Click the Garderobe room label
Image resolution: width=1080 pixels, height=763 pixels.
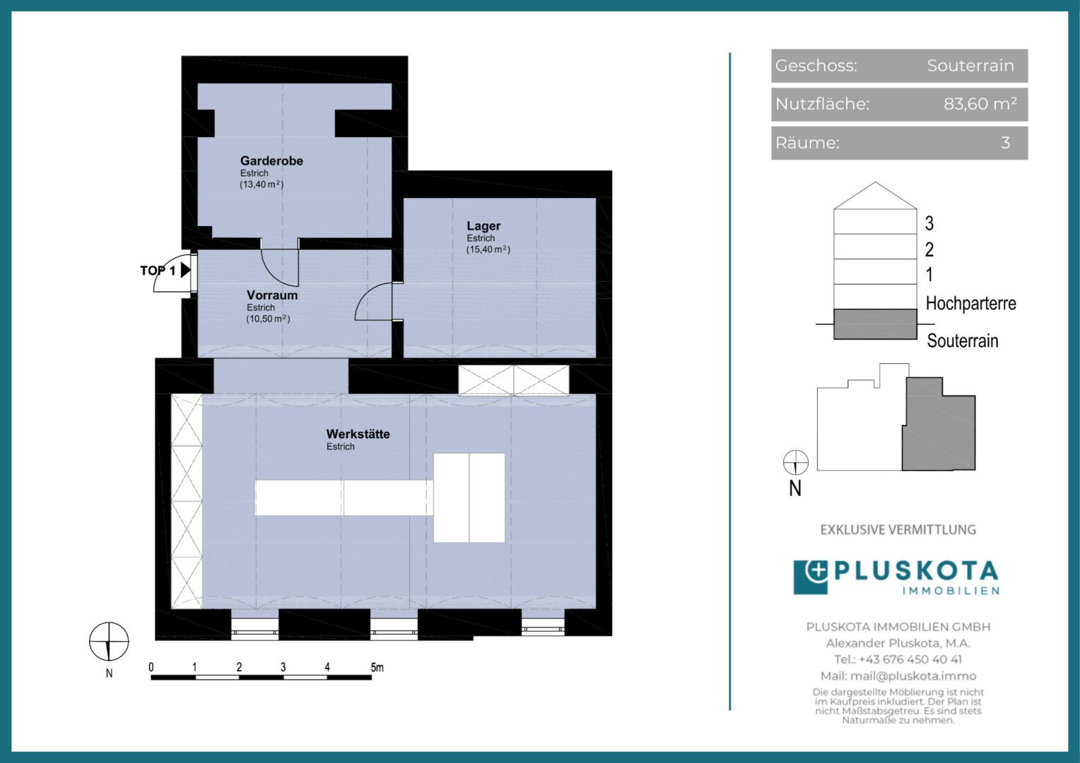[x=271, y=161]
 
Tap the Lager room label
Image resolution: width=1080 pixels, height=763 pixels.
[x=483, y=226]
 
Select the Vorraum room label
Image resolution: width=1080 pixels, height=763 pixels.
[x=272, y=295]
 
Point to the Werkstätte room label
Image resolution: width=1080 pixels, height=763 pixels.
[x=358, y=434]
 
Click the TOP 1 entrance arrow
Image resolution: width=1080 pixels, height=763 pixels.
[x=185, y=270]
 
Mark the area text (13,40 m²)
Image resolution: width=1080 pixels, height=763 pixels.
[x=262, y=184]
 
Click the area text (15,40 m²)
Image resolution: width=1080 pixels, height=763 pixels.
[x=488, y=249]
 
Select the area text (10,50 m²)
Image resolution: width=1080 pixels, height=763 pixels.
[x=268, y=319]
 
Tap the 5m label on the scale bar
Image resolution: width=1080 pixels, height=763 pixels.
[x=377, y=667]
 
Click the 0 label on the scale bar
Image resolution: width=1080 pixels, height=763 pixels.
[x=151, y=667]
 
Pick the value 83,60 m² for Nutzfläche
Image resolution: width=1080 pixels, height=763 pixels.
[x=980, y=104]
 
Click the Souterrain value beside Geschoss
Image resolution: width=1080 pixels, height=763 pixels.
[x=970, y=66]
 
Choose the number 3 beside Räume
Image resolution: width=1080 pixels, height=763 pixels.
[x=1005, y=143]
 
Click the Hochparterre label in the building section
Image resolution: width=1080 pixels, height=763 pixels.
[x=970, y=304]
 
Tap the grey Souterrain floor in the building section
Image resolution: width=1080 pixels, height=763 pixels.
[x=875, y=324]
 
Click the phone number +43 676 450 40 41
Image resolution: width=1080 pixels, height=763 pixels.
[x=910, y=659]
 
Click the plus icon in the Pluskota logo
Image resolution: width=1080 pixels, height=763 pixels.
[x=816, y=571]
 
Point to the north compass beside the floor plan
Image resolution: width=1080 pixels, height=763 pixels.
[x=109, y=642]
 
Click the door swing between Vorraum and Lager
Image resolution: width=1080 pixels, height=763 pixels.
[x=373, y=302]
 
